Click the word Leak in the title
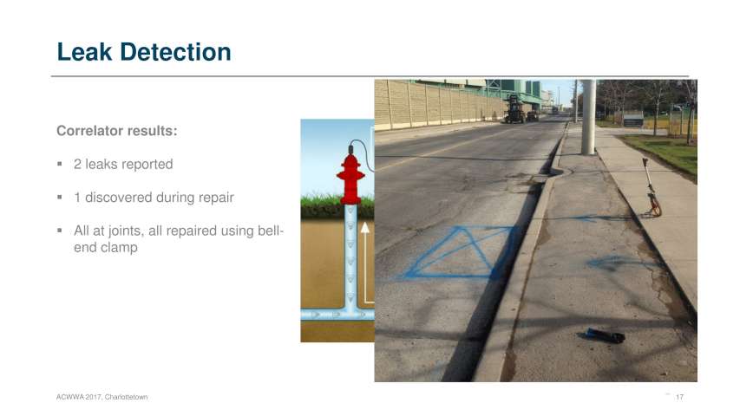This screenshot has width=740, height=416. click(84, 52)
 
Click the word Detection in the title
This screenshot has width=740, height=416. click(175, 52)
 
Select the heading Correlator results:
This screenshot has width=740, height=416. click(117, 131)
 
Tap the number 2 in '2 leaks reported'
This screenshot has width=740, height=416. click(77, 164)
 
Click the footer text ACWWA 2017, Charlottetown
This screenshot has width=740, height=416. click(102, 397)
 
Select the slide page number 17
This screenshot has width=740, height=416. click(679, 397)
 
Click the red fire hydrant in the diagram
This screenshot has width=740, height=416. click(350, 179)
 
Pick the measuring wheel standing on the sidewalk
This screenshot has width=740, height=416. click(652, 189)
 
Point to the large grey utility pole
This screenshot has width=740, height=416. click(588, 117)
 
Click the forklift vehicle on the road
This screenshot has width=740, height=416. click(514, 109)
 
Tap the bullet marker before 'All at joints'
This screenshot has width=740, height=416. click(60, 231)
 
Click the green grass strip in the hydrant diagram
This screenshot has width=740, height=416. click(337, 206)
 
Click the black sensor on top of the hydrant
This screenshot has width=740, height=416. click(350, 150)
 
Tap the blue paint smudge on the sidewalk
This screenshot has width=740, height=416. click(613, 262)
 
